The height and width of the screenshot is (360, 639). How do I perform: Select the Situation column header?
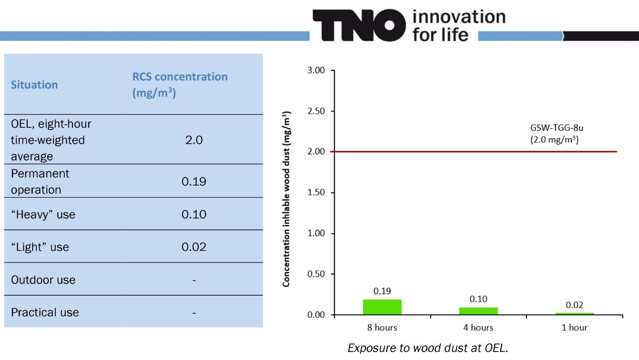34,84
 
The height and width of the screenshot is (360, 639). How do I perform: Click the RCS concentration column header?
179,84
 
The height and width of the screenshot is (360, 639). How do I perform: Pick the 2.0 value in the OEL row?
194,140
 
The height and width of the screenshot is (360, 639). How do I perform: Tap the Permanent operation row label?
40,182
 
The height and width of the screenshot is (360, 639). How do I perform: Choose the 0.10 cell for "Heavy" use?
194,214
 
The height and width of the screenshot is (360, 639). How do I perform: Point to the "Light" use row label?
40,247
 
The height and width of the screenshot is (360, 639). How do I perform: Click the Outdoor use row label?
43,280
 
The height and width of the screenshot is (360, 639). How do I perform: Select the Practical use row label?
45,312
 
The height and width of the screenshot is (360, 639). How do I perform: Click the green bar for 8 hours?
382,307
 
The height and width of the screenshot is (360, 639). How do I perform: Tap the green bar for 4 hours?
478,311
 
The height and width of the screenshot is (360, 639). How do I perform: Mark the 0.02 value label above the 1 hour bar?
574,305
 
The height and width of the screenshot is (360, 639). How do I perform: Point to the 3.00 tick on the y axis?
316,70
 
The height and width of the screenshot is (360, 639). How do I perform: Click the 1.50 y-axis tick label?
316,193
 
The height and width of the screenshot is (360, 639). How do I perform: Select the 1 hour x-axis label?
574,327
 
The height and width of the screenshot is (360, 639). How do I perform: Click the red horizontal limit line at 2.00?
452,152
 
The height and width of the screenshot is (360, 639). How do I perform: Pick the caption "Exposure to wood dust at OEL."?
428,348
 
